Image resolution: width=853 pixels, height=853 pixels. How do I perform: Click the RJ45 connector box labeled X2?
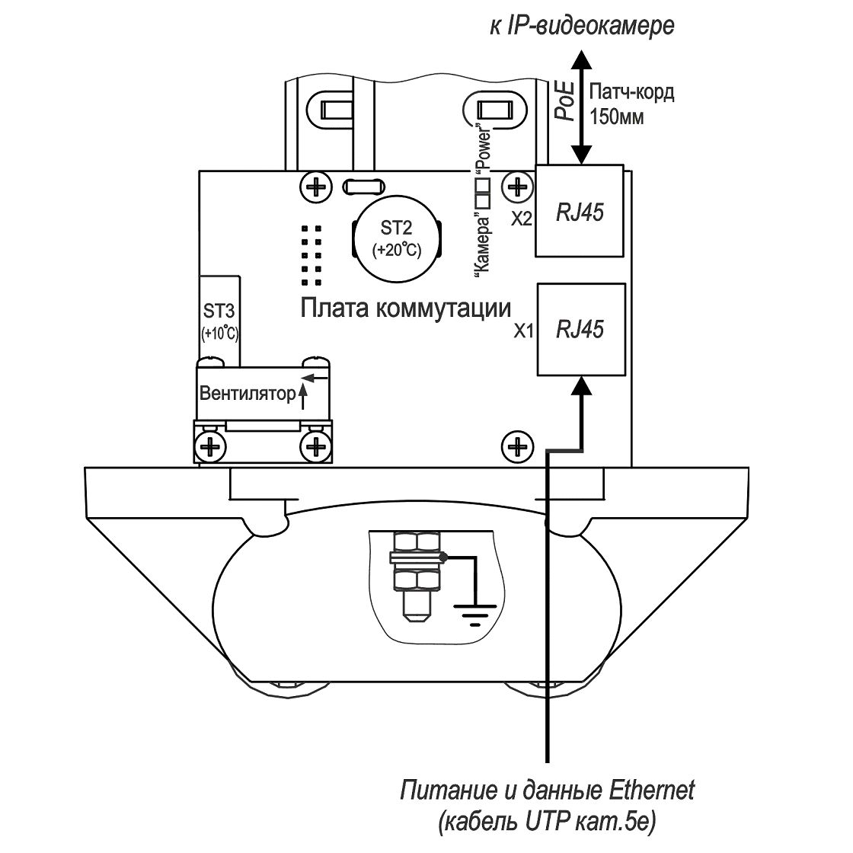(x=580, y=210)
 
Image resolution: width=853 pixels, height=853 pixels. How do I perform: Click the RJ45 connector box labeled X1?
(x=581, y=329)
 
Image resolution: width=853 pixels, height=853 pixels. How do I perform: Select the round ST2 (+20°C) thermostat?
(x=396, y=239)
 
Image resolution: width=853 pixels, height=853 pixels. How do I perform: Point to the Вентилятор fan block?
(x=263, y=394)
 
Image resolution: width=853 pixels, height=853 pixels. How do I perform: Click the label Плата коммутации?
(x=406, y=308)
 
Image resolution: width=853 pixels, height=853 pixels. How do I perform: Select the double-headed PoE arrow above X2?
(x=582, y=107)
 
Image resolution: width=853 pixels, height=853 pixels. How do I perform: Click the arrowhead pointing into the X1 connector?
(x=582, y=385)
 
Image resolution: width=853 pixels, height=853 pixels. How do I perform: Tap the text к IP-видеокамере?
(x=582, y=26)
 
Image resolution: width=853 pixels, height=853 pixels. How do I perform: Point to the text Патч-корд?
(x=631, y=92)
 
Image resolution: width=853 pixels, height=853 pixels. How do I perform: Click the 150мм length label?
(x=617, y=117)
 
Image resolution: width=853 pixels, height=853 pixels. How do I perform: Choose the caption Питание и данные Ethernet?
(x=548, y=791)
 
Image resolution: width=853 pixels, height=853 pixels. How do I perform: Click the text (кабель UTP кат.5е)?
(x=548, y=823)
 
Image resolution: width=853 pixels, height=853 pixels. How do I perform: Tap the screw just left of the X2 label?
(x=517, y=187)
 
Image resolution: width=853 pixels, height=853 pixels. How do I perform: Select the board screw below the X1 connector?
(x=517, y=447)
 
